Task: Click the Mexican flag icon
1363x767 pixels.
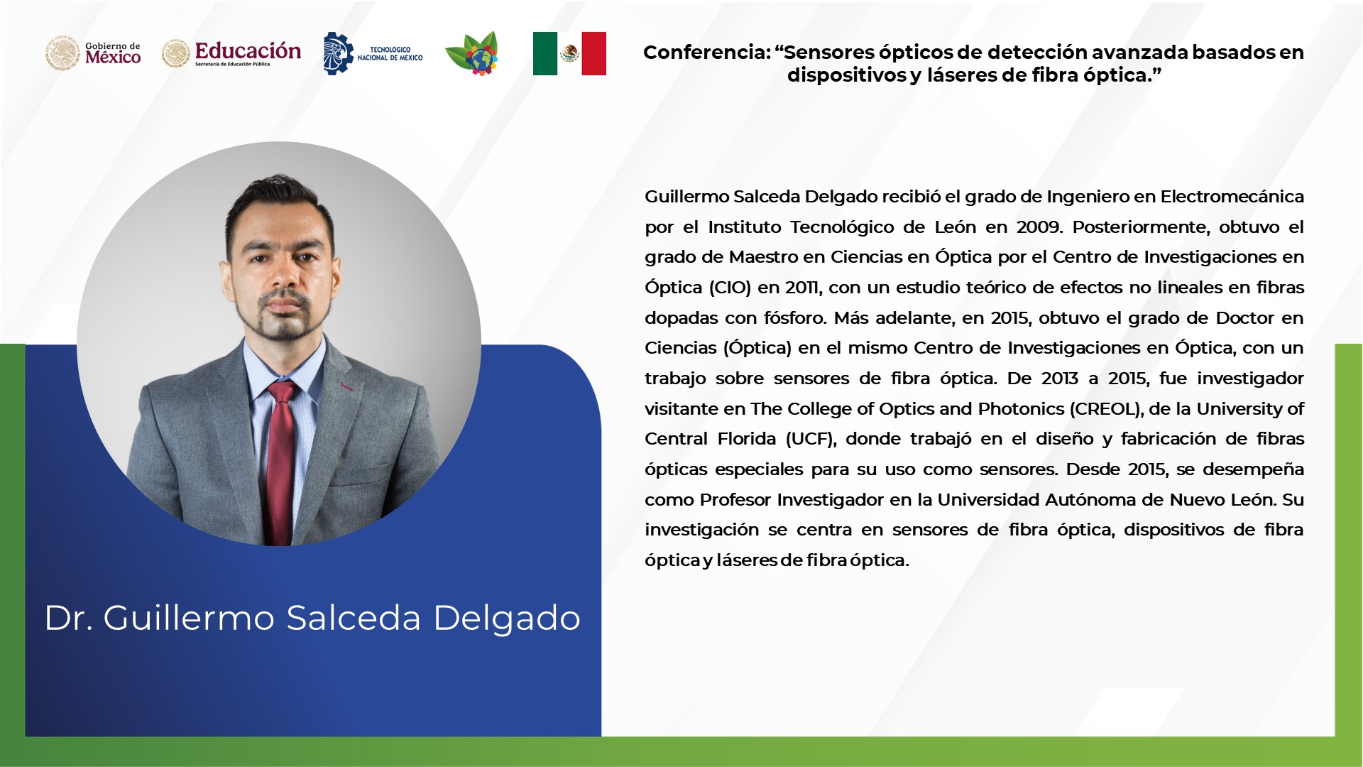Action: [x=569, y=53]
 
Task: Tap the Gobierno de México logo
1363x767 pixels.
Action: [x=93, y=53]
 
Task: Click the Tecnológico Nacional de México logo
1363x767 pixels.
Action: [x=373, y=53]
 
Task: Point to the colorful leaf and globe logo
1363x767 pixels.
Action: [x=472, y=53]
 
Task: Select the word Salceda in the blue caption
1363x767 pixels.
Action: [x=354, y=617]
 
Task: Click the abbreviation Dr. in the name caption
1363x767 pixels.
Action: [x=69, y=618]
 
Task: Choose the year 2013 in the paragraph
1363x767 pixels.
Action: [x=1060, y=379]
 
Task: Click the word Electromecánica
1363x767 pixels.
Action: [x=1232, y=197]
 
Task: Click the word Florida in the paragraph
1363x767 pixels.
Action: [x=747, y=439]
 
